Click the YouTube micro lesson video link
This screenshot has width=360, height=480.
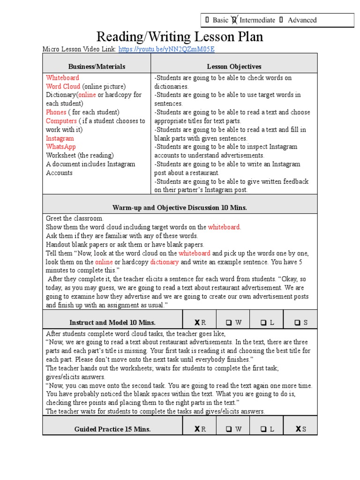coord(167,49)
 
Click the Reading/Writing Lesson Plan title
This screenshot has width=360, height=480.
coord(180,37)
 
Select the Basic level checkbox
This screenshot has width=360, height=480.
coord(207,20)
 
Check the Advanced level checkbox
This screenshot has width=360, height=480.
coord(281,20)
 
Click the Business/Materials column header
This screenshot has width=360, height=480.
coord(97,67)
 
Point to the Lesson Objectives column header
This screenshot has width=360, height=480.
coord(234,67)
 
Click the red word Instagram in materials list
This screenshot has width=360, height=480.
coord(60,138)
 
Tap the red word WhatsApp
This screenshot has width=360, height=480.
coord(60,147)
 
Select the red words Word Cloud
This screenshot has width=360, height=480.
coord(63,86)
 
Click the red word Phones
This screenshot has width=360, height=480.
coord(56,112)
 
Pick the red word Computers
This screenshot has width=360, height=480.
coord(61,121)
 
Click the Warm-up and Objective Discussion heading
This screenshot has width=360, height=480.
coord(180,207)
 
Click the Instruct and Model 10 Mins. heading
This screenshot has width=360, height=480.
coord(112,322)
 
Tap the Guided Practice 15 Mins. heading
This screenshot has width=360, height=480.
coord(112,429)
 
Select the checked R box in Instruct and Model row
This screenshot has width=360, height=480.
coord(197,322)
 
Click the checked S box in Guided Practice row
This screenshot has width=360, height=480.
coord(298,429)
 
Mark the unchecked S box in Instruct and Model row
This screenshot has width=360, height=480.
coord(298,322)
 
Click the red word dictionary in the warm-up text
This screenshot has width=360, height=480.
coord(164,262)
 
